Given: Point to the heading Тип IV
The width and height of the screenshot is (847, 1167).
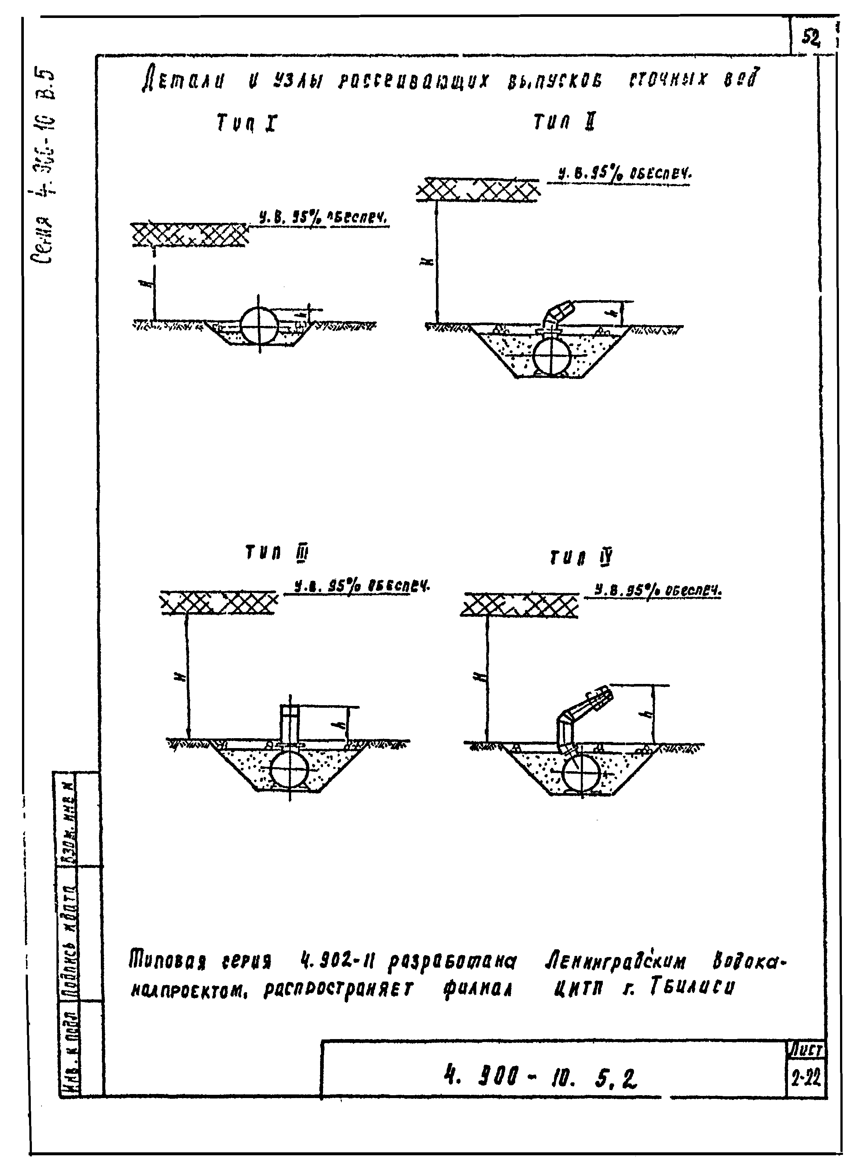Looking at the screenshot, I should point(581,558).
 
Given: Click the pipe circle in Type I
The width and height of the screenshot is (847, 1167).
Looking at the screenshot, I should point(260,326).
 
